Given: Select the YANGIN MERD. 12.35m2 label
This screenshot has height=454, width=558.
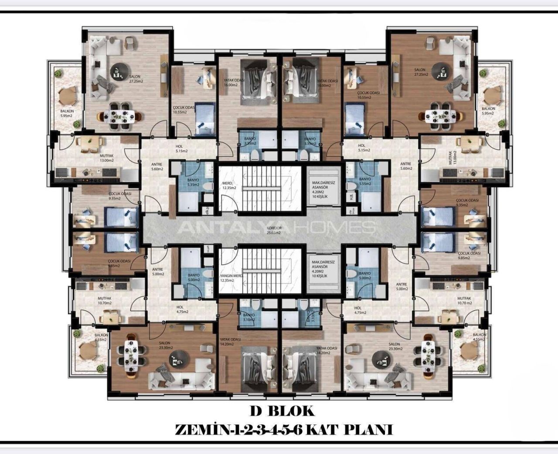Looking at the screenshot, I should pyautogui.click(x=231, y=278).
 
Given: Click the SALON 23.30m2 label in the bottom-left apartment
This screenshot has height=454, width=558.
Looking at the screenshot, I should pyautogui.click(x=166, y=346).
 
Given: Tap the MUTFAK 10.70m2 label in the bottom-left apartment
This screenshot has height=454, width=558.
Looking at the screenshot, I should pyautogui.click(x=105, y=301).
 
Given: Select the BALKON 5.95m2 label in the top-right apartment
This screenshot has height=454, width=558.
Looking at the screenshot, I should pyautogui.click(x=488, y=111).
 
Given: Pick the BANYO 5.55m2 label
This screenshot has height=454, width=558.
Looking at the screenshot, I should pyautogui.click(x=364, y=182).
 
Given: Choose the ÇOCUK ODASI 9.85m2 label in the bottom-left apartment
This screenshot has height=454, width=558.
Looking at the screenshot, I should pyautogui.click(x=119, y=263).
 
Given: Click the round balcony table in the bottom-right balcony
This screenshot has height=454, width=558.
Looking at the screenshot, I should pyautogui.click(x=468, y=349).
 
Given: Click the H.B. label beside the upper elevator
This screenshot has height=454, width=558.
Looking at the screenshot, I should pyautogui.click(x=351, y=195).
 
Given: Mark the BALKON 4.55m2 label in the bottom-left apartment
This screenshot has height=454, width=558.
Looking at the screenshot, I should pyautogui.click(x=101, y=337).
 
